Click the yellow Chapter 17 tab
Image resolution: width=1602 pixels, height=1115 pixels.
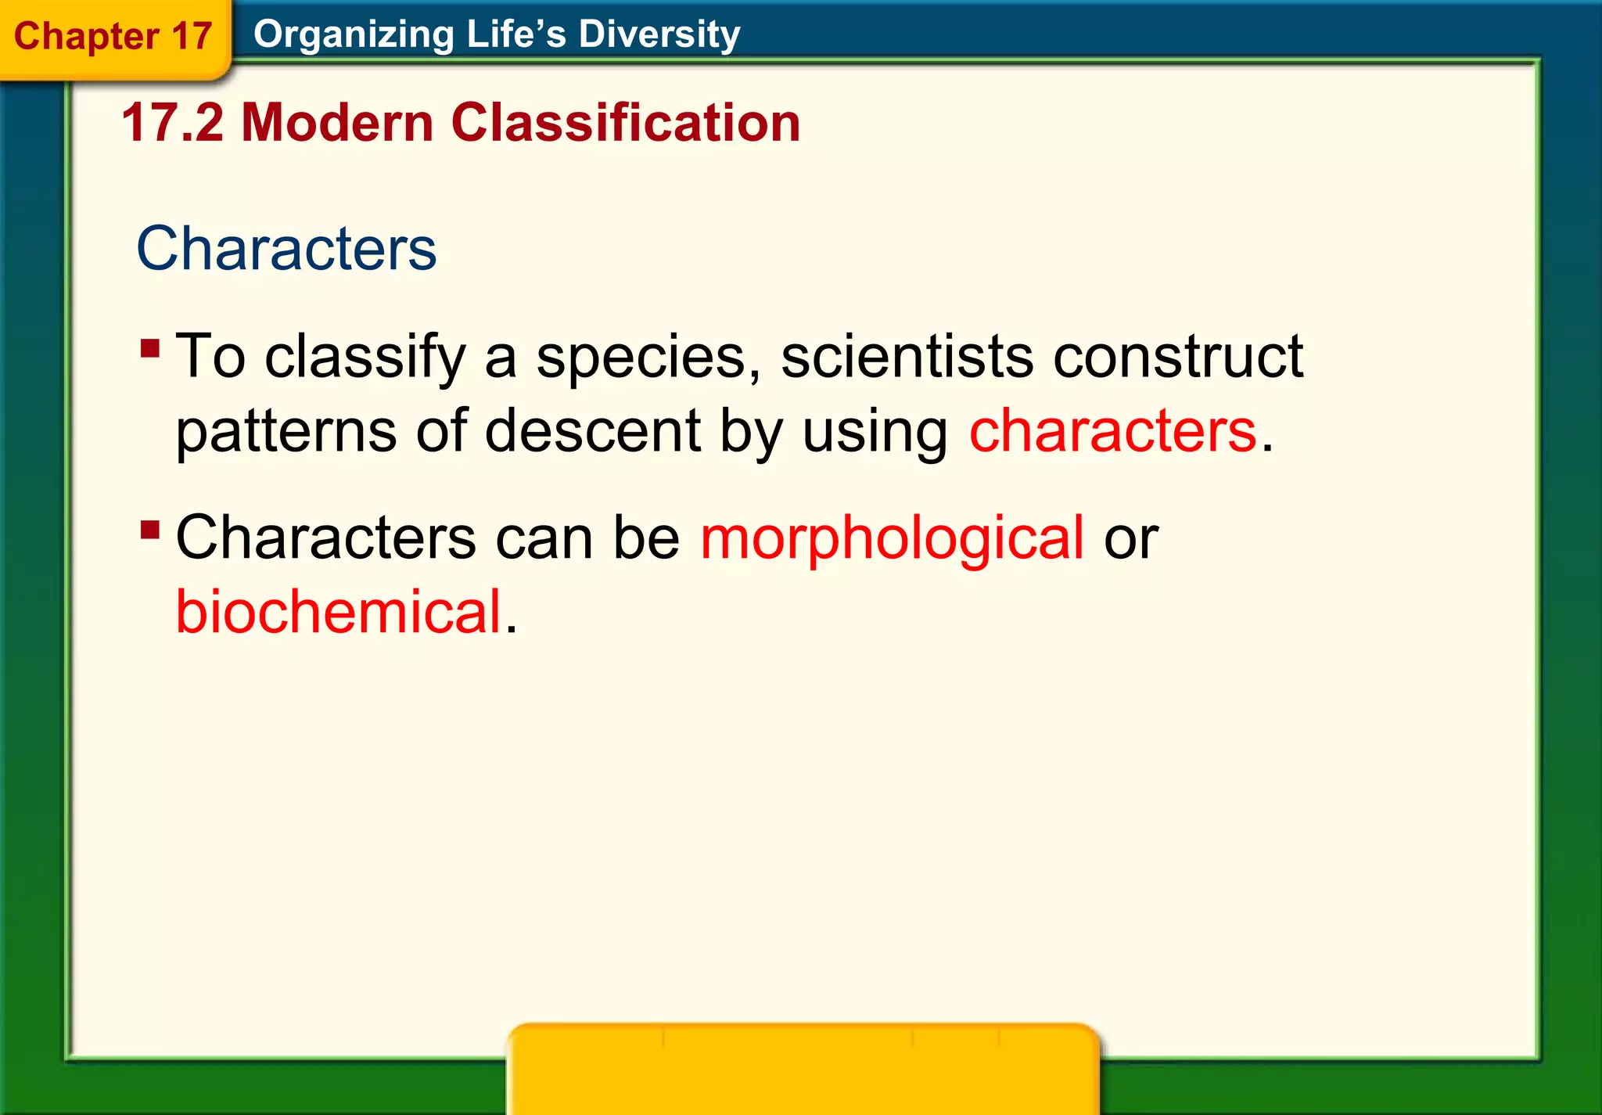[113, 37]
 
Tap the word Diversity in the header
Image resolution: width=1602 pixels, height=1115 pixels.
[659, 34]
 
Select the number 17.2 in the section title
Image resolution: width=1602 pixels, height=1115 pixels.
[173, 123]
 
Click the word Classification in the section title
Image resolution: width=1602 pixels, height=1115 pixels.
[625, 123]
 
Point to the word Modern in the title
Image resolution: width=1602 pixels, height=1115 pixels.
[337, 123]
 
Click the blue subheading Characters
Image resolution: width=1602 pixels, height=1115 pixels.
[286, 248]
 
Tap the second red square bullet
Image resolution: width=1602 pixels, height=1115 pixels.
[150, 530]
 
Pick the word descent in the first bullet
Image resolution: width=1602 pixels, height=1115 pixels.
[592, 430]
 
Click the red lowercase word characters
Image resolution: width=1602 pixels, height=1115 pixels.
[1112, 430]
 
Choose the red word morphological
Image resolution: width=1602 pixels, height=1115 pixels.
[892, 538]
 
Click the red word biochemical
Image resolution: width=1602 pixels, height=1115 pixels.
[338, 611]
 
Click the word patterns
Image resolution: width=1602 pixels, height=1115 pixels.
[286, 432]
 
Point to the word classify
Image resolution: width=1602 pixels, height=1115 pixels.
[365, 358]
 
